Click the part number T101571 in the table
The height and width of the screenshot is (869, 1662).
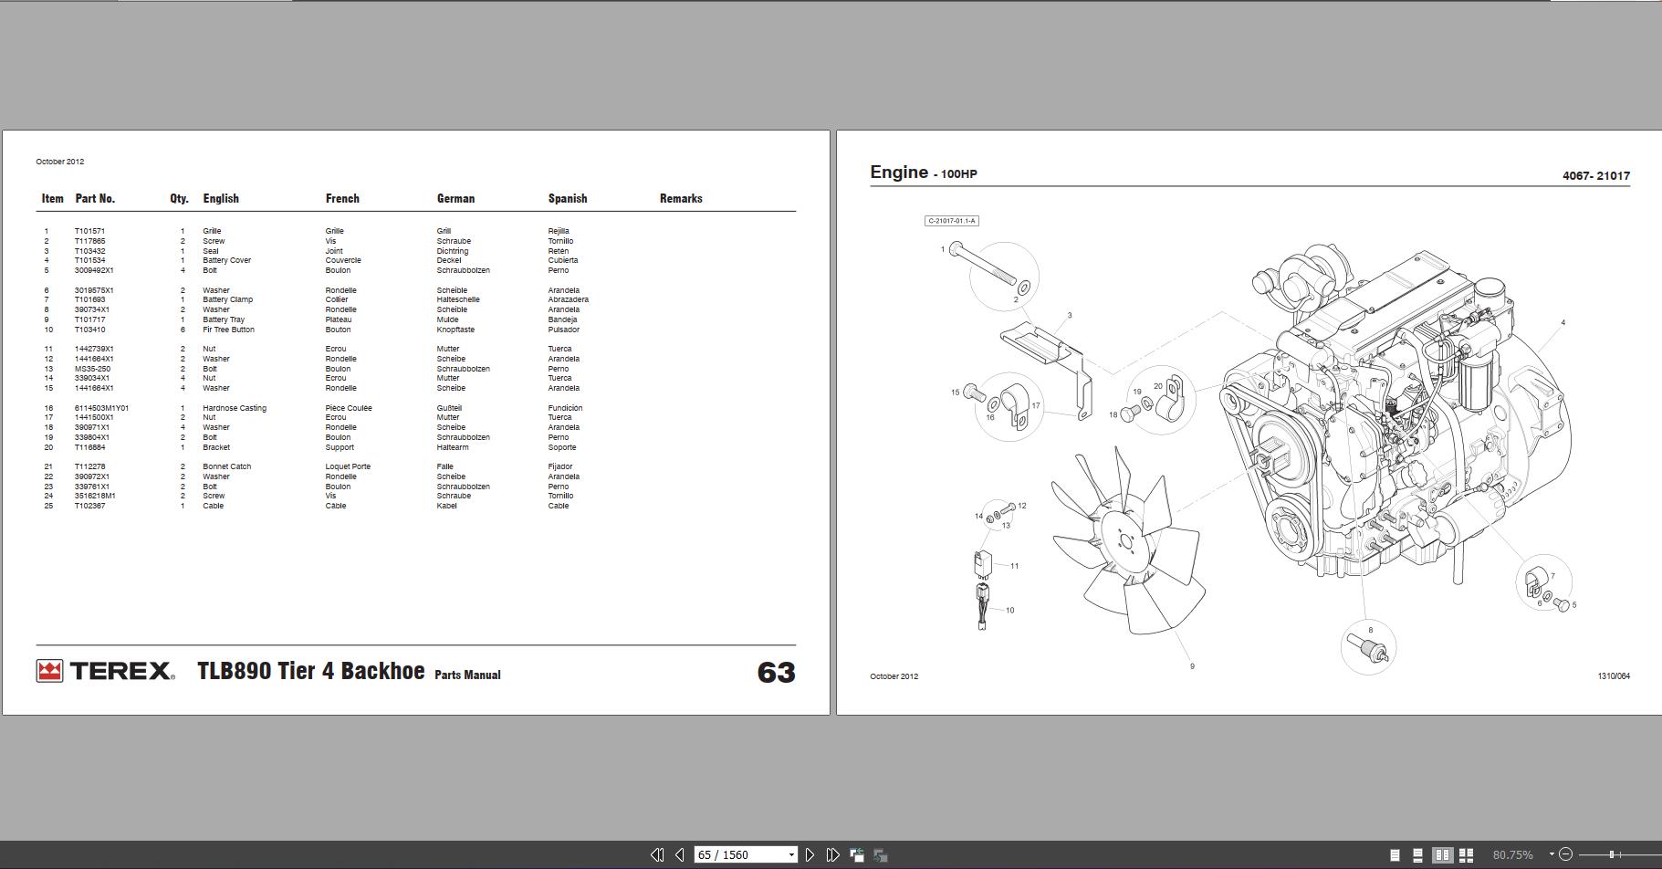click(89, 231)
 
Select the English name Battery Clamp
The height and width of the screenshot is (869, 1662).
click(227, 299)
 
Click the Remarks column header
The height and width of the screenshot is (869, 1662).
click(681, 198)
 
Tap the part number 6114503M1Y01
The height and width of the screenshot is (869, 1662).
click(101, 408)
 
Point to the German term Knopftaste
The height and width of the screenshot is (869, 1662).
click(455, 330)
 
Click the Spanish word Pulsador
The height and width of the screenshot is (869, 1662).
click(563, 330)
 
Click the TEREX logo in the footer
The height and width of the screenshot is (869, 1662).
click(106, 671)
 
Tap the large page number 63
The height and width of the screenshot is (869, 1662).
click(776, 673)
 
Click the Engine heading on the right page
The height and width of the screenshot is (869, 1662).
click(898, 172)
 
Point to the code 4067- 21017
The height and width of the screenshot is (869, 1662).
click(1595, 175)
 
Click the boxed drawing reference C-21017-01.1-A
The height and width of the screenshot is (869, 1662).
click(952, 221)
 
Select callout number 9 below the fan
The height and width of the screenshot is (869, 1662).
click(1192, 666)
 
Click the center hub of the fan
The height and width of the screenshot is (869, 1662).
click(1123, 539)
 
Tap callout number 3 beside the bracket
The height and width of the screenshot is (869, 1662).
click(1070, 316)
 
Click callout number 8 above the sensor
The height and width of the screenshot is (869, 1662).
click(1370, 630)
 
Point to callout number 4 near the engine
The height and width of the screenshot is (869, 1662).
click(1563, 322)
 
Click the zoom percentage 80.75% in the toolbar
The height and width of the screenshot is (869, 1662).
click(1512, 855)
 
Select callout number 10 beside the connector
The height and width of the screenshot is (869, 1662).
click(1009, 610)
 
